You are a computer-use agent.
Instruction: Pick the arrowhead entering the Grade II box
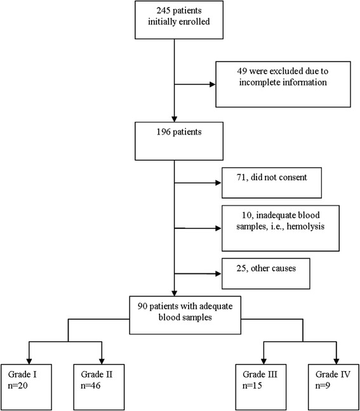[100, 358]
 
